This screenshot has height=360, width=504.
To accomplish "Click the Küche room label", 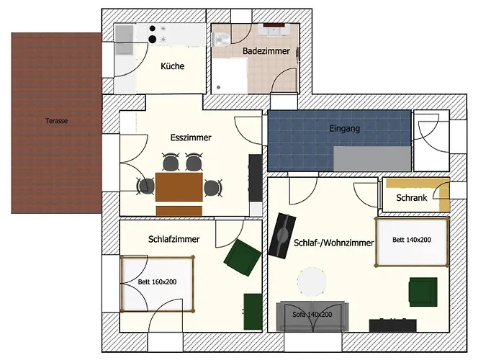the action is click(173, 66).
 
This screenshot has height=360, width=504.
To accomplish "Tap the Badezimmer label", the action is click(266, 51).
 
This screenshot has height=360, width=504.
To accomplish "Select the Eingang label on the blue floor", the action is click(345, 129).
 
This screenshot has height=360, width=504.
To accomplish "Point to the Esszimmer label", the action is click(191, 138).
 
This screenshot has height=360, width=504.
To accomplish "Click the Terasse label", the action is click(56, 121).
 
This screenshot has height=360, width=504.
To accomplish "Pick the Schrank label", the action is click(412, 198).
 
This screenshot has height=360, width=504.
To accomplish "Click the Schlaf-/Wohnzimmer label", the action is click(333, 243).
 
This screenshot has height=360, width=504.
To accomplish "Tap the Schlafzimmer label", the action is click(174, 239).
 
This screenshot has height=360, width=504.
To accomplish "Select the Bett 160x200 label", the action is click(157, 282).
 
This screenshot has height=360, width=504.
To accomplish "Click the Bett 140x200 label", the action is click(412, 240).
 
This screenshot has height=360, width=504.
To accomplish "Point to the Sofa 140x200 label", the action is click(312, 315).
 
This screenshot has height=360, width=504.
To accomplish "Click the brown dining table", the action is click(179, 187).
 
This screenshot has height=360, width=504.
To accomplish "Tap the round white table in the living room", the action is click(312, 282).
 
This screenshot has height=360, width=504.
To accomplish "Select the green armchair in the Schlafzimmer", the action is click(243, 258).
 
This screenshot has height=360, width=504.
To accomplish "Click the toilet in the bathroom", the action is click(222, 40).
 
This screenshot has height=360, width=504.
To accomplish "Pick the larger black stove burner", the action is click(153, 40).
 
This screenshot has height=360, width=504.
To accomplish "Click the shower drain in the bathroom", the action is click(219, 87).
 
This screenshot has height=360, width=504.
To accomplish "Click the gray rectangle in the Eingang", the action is click(372, 158).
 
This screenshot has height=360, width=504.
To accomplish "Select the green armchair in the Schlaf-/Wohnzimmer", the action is click(423, 292).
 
